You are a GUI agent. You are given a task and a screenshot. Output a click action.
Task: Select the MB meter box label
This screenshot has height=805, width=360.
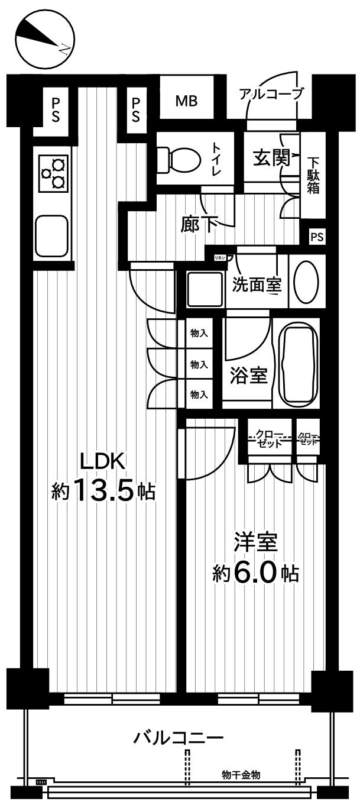point(186,101)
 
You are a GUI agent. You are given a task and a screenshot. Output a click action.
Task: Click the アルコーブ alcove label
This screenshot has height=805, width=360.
point(271,93)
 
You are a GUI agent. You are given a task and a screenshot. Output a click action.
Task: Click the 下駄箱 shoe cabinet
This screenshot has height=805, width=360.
point(313,175)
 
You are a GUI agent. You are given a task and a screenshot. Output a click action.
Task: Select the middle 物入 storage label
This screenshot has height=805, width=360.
point(199,365)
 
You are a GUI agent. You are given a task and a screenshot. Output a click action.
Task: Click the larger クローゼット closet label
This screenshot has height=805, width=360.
point(270,439)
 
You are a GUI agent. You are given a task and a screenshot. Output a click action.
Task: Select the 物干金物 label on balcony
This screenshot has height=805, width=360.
point(241,774)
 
